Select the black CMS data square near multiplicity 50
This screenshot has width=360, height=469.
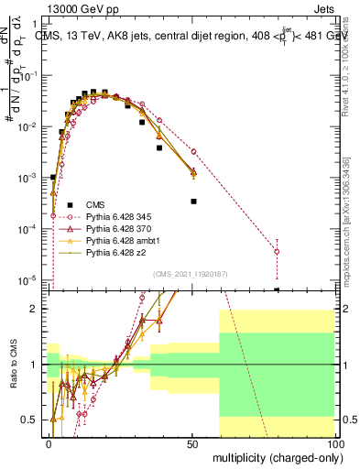193,201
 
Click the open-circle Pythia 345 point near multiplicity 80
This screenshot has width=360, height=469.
278,251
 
